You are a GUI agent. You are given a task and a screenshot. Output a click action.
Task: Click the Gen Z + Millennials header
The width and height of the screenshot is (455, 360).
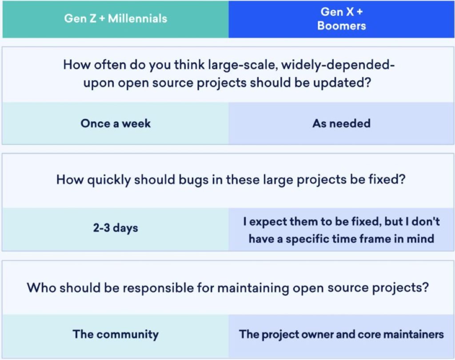point(116,19)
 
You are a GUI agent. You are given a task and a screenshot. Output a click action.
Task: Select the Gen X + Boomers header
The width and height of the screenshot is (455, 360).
point(342,19)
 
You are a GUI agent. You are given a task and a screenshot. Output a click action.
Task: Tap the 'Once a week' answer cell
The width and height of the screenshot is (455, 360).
point(116,124)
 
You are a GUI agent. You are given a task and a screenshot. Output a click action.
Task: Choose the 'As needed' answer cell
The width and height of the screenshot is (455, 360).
point(342,124)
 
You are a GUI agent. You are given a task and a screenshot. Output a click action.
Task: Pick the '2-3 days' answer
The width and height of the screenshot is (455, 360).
point(116,228)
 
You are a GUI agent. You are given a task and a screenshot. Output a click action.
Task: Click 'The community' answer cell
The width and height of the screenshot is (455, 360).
point(116,335)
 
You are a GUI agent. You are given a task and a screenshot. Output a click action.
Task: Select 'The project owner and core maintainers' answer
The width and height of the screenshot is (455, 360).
point(342,335)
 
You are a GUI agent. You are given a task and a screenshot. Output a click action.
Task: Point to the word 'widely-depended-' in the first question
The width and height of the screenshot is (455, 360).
point(338,65)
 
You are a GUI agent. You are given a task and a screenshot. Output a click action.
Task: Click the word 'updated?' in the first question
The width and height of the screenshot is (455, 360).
point(342,83)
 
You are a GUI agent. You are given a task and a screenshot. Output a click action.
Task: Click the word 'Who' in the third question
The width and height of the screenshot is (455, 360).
point(41,288)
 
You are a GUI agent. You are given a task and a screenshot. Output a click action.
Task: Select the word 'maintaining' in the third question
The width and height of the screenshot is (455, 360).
point(253,288)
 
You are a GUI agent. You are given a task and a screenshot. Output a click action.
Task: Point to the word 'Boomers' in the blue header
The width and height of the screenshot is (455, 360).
point(342,26)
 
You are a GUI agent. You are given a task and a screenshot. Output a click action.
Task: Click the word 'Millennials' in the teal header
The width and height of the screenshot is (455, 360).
point(138,19)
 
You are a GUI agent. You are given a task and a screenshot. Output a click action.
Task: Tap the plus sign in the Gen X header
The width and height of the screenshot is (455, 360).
point(359,12)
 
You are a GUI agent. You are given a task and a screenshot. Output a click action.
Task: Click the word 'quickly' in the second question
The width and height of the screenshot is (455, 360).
point(108,180)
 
